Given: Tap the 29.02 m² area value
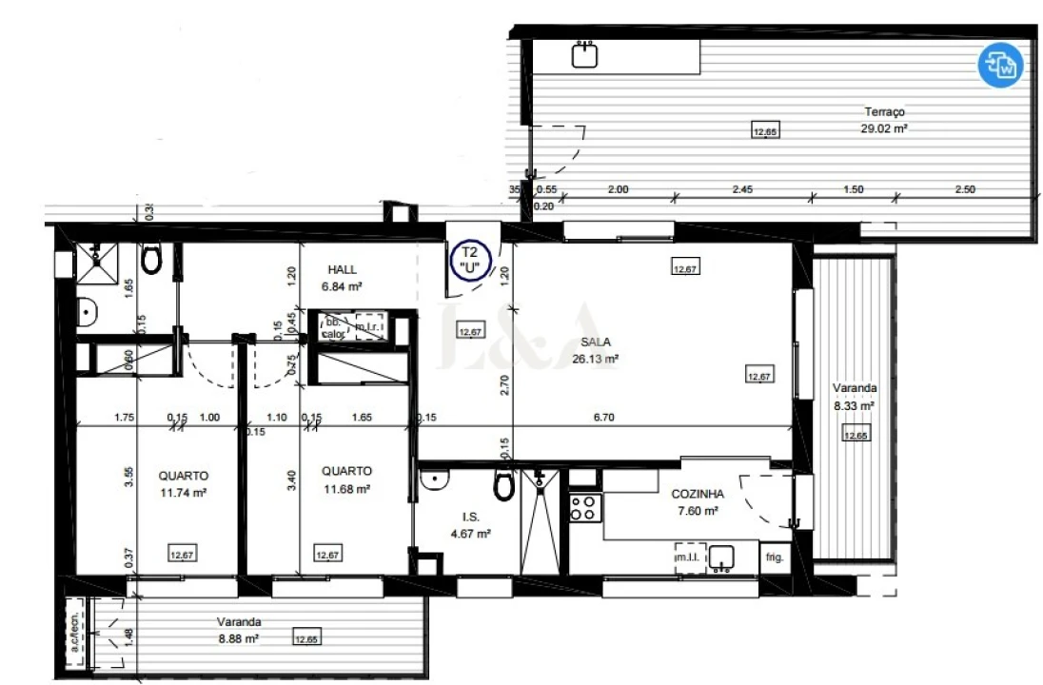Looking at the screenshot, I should tap(883, 127).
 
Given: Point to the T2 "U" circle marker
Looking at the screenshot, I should tap(468, 258).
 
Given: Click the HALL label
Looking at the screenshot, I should tap(343, 269).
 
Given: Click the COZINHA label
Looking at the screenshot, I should tap(698, 494).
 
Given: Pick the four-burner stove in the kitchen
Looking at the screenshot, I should tap(583, 508).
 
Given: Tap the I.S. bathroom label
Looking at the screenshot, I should tap(470, 518).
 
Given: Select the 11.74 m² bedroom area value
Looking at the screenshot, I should tap(184, 493).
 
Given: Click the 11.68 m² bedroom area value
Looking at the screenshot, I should tap(345, 489).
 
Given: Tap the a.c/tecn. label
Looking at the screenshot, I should tap(73, 631).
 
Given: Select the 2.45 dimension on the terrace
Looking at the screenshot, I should tap(742, 189).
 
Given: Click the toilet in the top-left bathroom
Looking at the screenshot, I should tap(151, 257).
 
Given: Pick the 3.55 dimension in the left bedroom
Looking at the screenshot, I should tap(128, 476).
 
